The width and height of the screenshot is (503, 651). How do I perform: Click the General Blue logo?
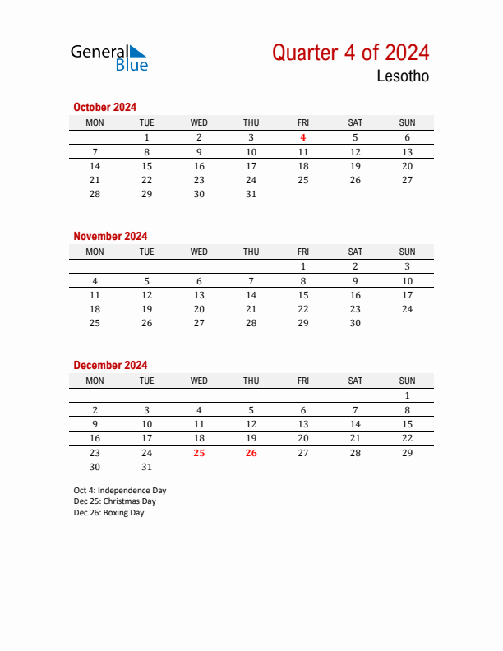point(109,57)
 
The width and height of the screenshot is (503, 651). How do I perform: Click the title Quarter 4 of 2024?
point(350,53)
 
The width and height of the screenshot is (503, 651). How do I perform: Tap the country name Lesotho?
point(402,76)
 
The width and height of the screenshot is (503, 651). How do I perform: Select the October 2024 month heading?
point(104,107)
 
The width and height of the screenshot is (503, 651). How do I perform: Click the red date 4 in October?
point(303,138)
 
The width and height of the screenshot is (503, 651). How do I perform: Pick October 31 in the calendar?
point(251,194)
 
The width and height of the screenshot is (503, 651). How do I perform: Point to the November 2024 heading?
point(110,236)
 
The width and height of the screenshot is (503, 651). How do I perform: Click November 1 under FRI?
point(303,266)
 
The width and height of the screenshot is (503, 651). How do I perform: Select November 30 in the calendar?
point(355,323)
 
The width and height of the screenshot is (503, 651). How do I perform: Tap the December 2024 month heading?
point(110,365)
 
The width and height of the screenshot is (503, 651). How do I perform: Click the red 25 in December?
point(199,452)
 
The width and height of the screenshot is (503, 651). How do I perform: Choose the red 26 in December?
point(251,452)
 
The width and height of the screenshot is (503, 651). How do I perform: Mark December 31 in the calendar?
point(147,466)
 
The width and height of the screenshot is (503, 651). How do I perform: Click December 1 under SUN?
point(407,395)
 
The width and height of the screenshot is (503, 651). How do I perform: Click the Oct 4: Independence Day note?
point(119,490)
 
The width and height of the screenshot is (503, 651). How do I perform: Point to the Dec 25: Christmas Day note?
point(114,501)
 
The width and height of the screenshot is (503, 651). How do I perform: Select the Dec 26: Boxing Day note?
point(108,513)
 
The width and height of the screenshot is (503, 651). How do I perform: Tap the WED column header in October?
point(199,123)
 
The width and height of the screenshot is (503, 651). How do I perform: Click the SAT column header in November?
point(355,252)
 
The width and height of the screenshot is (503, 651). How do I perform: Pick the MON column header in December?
point(95,381)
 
